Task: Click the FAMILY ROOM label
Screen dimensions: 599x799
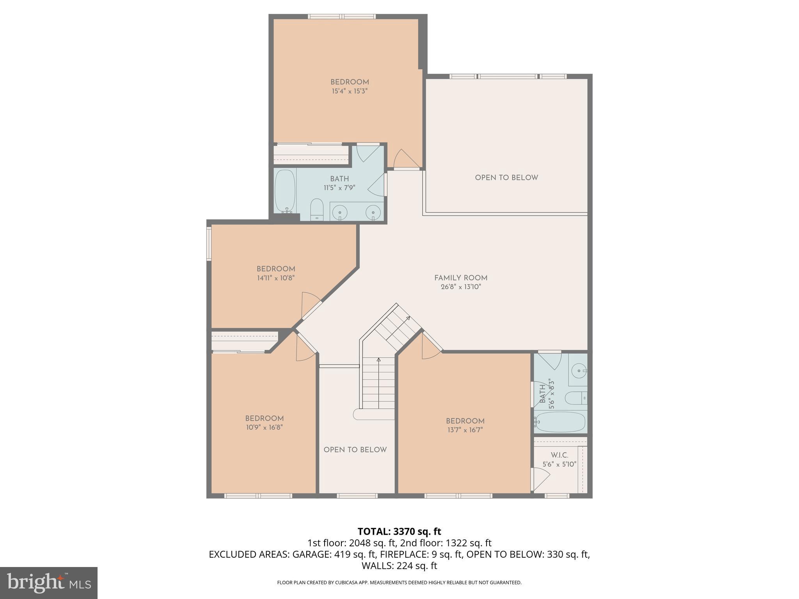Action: coord(461,278)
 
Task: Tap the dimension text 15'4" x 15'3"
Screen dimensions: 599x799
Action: coord(350,91)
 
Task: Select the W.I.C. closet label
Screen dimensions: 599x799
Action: coord(559,455)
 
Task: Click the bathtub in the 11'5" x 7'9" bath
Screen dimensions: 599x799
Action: coord(285,191)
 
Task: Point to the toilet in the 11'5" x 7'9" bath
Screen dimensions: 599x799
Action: coord(317,210)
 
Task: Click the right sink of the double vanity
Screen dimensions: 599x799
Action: coord(373,212)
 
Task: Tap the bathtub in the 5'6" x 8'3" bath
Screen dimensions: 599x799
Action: coord(561,422)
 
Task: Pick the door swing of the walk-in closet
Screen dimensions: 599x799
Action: coord(540,479)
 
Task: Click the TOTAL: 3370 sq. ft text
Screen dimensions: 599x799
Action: coord(399,531)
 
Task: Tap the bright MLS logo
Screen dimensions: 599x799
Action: coord(49,583)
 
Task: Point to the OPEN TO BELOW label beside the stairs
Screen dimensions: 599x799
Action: coord(355,450)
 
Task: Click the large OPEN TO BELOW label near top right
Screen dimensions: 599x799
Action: coord(506,177)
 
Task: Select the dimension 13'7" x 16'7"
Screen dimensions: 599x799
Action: coord(465,430)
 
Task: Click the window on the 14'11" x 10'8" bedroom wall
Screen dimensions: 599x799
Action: coord(209,244)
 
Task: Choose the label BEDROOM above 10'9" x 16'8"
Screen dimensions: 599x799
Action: coord(264,418)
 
